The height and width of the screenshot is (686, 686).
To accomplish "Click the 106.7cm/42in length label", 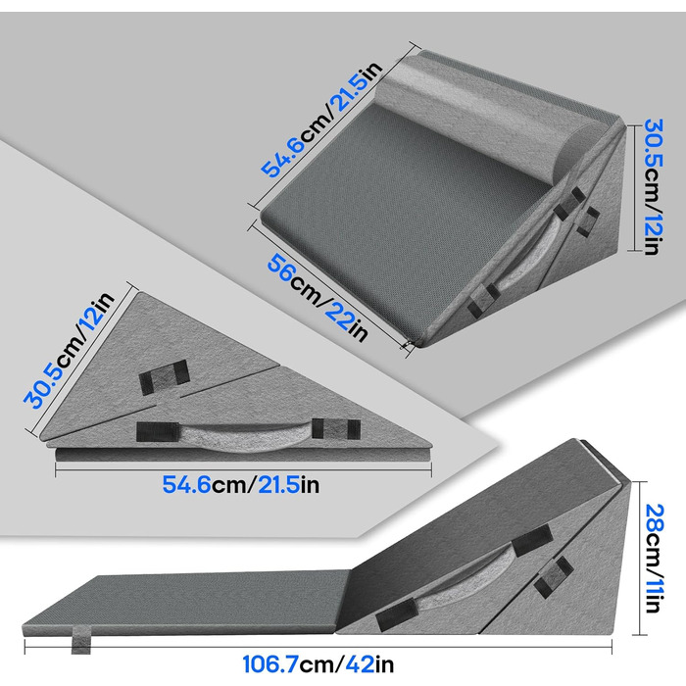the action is (318, 664).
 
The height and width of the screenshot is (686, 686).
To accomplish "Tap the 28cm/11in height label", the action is (655, 559).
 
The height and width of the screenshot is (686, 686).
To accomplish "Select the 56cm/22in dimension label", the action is (318, 298).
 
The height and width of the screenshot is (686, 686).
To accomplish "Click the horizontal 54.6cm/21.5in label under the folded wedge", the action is (241, 485).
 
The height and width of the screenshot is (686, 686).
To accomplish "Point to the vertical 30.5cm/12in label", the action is (655, 187).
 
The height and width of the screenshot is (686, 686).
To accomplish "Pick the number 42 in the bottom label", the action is (360, 664).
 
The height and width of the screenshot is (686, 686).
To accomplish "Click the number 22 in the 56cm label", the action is (338, 316).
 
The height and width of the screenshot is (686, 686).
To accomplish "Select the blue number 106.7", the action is (270, 664).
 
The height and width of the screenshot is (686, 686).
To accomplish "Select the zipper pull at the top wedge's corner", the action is (408, 345).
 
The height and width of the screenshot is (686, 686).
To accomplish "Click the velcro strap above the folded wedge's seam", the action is (164, 377).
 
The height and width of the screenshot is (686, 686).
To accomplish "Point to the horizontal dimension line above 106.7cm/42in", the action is (318, 646).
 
